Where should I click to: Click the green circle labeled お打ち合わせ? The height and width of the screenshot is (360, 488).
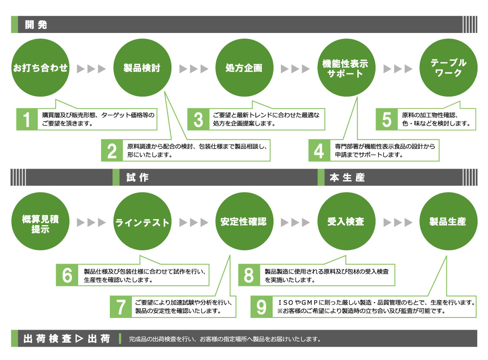[40, 68]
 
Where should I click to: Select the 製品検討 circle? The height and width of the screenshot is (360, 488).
[142, 68]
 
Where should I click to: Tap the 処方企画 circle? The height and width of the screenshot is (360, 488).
[244, 68]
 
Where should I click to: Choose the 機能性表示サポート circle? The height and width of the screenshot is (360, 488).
[346, 68]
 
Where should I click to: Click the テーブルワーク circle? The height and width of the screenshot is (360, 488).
[448, 68]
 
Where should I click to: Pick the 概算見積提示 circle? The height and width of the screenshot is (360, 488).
[40, 222]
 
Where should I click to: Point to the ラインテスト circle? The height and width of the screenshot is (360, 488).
[142, 222]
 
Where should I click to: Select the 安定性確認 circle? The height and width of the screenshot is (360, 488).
[244, 222]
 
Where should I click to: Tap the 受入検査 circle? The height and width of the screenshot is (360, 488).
[346, 222]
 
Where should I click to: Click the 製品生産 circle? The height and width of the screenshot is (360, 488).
[448, 222]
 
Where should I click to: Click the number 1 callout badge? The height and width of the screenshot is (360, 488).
[27, 119]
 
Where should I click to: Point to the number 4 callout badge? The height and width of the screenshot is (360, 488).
[319, 151]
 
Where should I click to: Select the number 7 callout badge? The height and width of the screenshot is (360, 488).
[120, 306]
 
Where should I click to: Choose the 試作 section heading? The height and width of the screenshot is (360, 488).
[137, 177]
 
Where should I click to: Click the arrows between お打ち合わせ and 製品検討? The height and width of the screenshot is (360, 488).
[91, 69]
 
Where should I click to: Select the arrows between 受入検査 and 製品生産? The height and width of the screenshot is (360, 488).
[397, 223]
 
